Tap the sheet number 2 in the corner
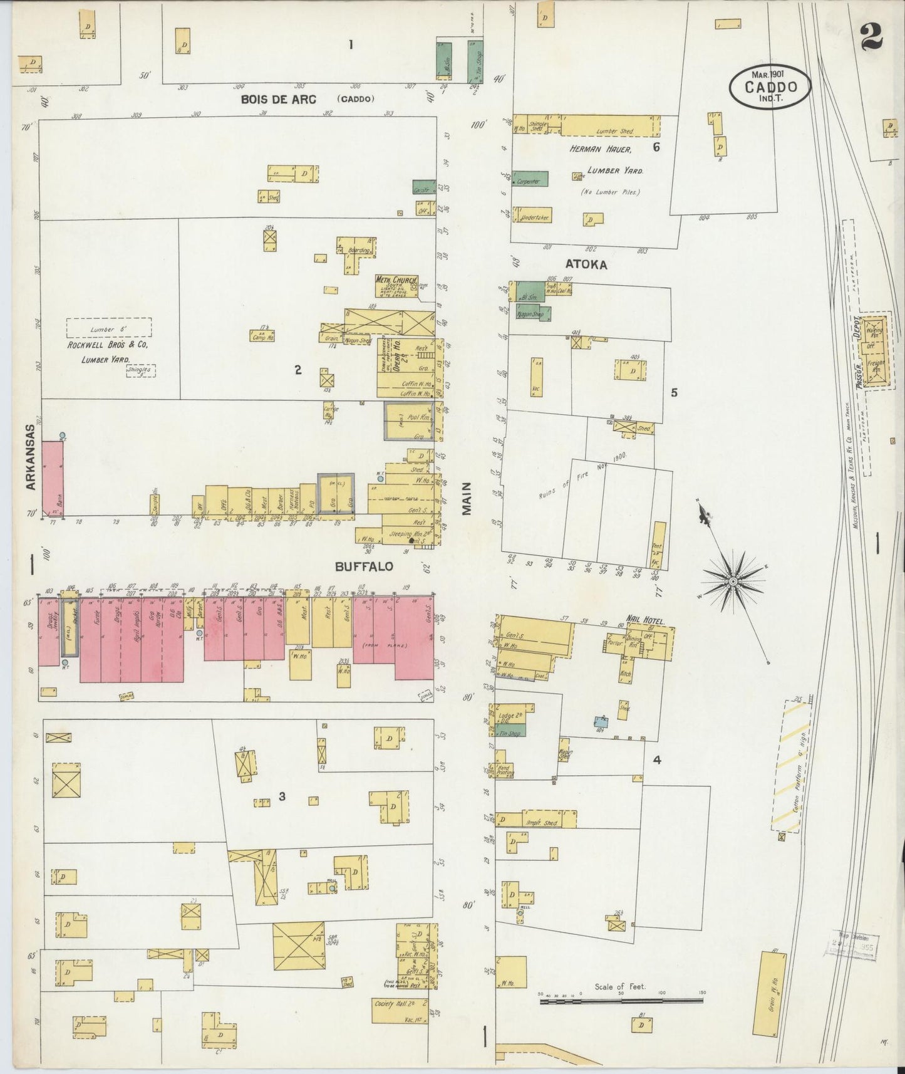click(x=871, y=36)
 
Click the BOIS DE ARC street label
click(x=279, y=99)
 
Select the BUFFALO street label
click(x=364, y=566)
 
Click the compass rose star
click(x=732, y=582)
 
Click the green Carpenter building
click(x=530, y=179)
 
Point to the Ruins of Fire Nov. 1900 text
click(x=582, y=476)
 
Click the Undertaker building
click(x=535, y=217)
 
